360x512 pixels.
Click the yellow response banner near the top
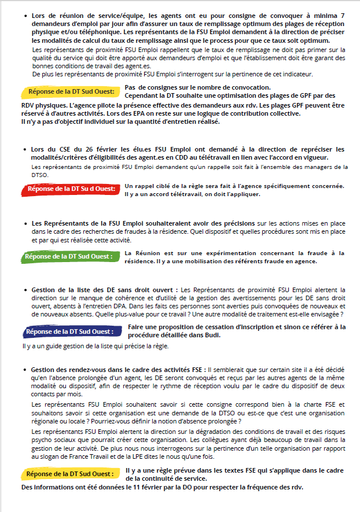pyautogui.click(x=70, y=92)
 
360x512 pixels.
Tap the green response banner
pyautogui.click(x=69, y=256)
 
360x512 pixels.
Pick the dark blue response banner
pyautogui.click(x=69, y=331)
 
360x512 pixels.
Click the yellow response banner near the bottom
pyautogui.click(x=69, y=473)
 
